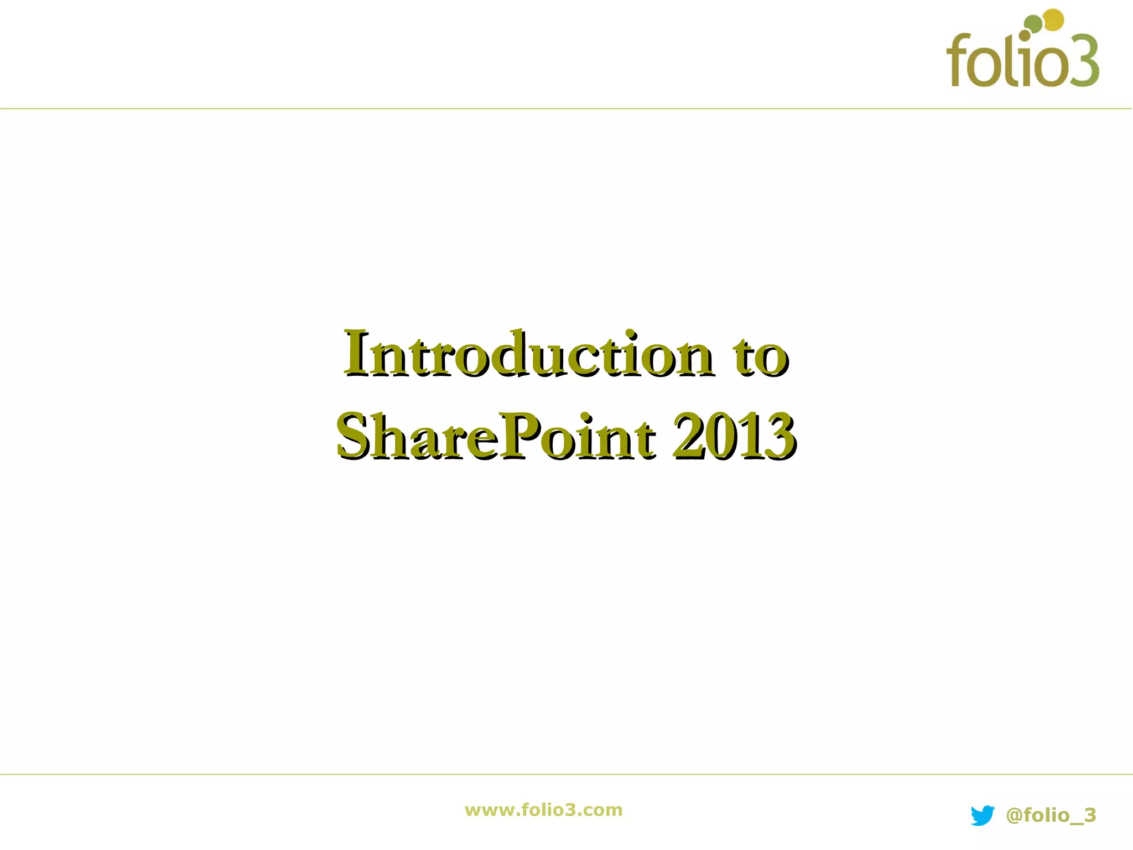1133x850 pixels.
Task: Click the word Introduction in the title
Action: click(x=526, y=354)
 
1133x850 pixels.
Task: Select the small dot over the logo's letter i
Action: click(x=1025, y=35)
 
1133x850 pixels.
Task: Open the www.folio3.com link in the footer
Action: click(x=543, y=810)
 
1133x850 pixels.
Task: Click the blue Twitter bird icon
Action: click(x=983, y=815)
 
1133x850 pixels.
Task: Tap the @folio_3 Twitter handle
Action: click(x=1050, y=815)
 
